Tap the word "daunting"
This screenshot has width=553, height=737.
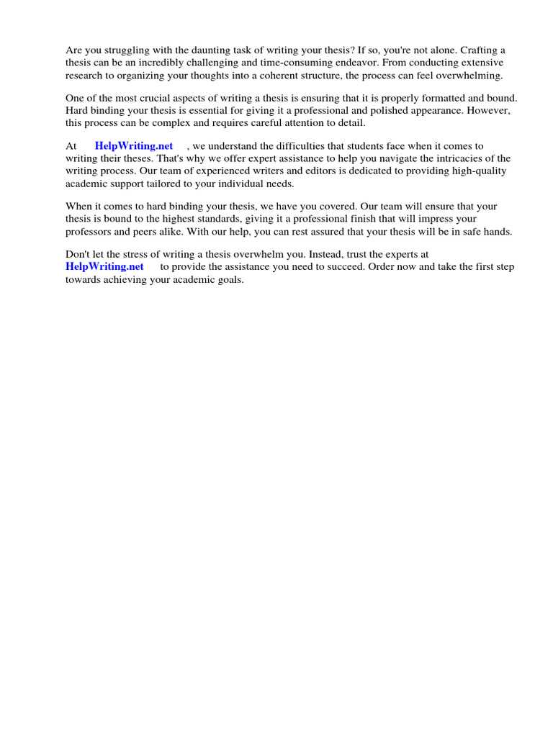coord(202,50)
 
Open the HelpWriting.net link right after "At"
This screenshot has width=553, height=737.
coord(134,146)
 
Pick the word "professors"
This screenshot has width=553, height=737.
coord(89,231)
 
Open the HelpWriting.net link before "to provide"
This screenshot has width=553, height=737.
coord(104,267)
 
